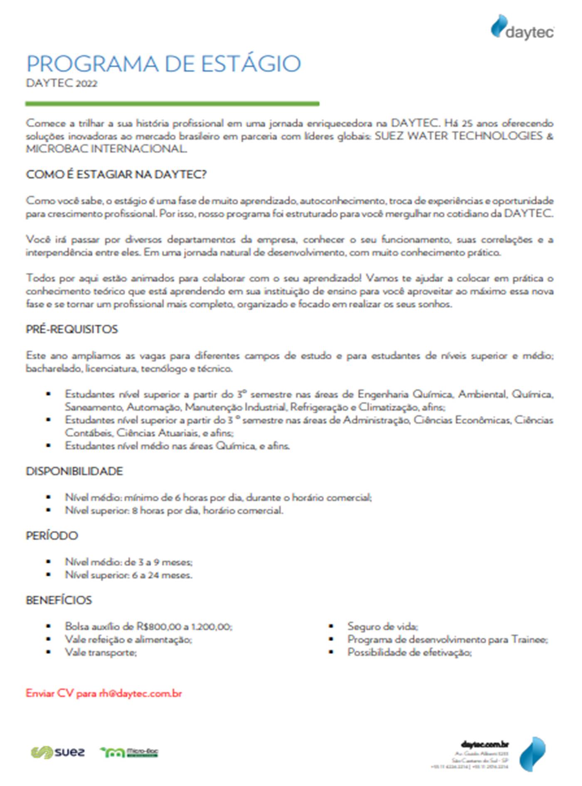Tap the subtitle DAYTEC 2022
(62, 84)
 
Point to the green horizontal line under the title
(172, 104)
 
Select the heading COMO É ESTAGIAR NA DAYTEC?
(116, 175)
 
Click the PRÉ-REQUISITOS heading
(72, 329)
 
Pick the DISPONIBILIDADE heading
(74, 471)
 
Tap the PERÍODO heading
(52, 536)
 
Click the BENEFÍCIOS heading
(59, 600)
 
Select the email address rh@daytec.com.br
(141, 693)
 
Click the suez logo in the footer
(58, 752)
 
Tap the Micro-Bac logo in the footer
(129, 752)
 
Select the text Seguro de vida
(382, 626)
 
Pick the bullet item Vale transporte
(101, 652)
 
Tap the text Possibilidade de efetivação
(409, 652)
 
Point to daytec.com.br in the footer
(485, 744)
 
